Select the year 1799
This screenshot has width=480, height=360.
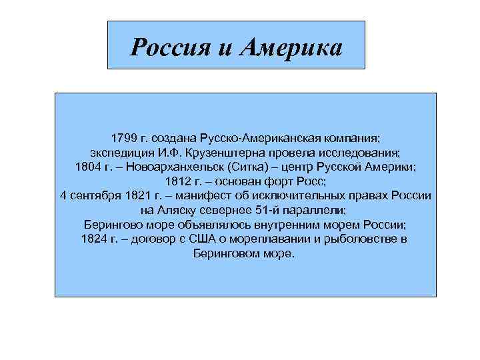(125, 138)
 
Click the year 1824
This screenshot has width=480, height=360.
(94, 239)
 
